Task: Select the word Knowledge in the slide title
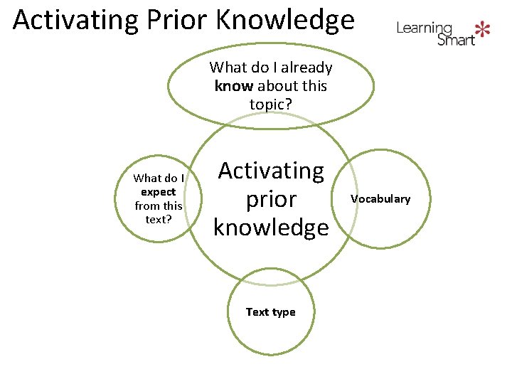click(284, 20)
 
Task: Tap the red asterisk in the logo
click(483, 29)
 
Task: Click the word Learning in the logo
click(424, 28)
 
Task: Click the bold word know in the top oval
click(234, 86)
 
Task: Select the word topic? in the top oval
click(270, 105)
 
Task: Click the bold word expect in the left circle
click(158, 192)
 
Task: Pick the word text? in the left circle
click(158, 219)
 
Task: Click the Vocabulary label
click(380, 199)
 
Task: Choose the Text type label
click(270, 312)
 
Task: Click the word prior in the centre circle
click(270, 199)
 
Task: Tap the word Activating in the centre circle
click(270, 171)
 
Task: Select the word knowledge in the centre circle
click(270, 228)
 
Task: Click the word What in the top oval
click(227, 68)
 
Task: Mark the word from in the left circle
click(146, 206)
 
